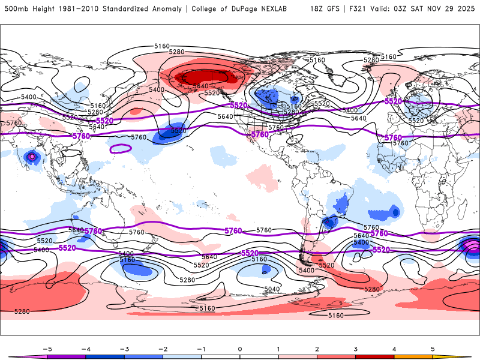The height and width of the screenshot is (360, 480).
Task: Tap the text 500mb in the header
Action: (x=17, y=9)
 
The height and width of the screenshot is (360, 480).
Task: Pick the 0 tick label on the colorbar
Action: (x=239, y=348)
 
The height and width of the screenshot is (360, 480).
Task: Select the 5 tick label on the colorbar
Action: (x=433, y=348)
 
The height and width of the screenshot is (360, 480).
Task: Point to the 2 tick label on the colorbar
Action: (x=317, y=348)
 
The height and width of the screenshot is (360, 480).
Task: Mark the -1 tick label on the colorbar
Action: (x=201, y=348)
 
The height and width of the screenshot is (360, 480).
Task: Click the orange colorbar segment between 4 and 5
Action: (x=413, y=356)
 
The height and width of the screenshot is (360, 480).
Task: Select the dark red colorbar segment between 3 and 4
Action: (x=375, y=356)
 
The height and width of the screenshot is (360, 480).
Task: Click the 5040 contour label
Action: (x=272, y=289)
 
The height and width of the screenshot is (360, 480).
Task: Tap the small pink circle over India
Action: (x=32, y=157)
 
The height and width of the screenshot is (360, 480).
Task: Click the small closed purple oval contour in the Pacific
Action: (x=122, y=148)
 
